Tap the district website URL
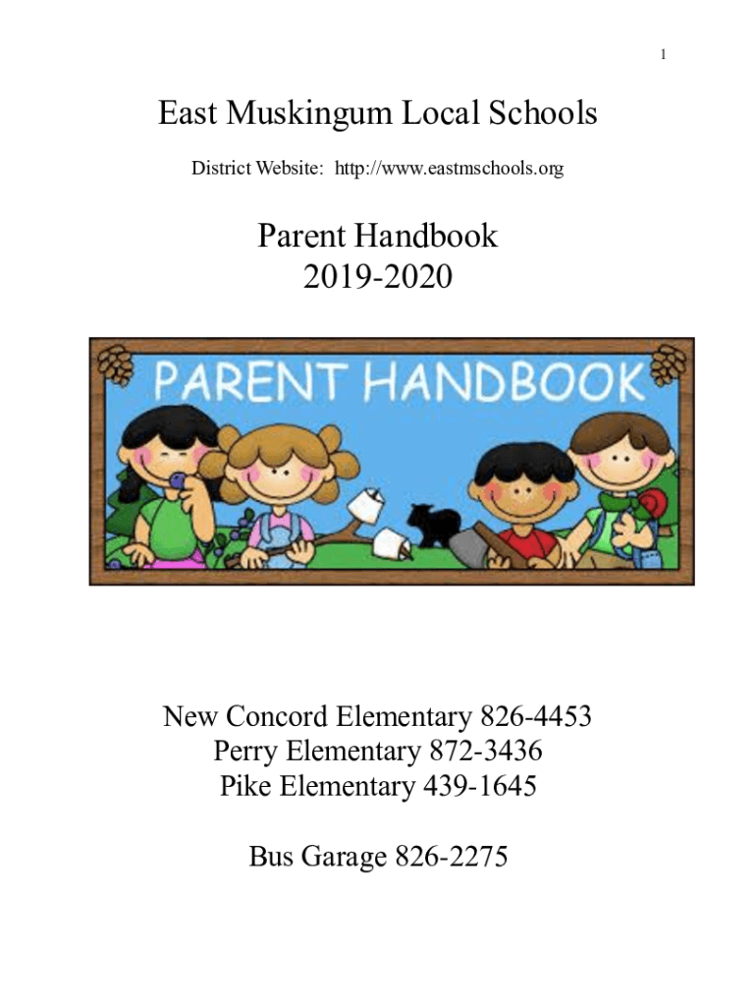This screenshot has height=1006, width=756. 450,169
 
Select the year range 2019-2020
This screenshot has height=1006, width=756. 378,278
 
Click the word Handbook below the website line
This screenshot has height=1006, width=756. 430,237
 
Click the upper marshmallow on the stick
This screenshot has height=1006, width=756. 364,505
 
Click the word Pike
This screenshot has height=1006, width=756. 244,787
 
